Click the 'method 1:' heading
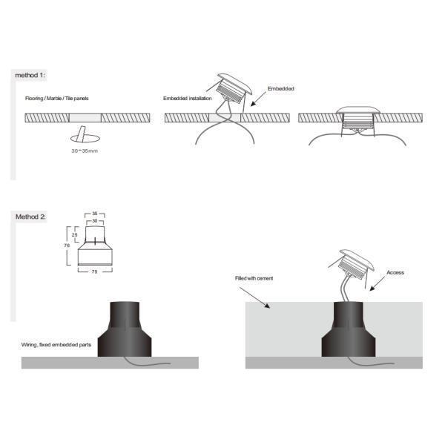click(30, 75)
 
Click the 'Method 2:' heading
click(30, 217)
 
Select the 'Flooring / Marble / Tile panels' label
click(57, 99)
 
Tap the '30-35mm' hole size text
click(85, 151)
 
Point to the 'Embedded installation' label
click(188, 99)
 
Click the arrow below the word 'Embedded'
click(258, 99)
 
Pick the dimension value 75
click(94, 271)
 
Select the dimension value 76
click(67, 245)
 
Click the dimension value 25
click(75, 234)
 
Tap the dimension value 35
click(95, 214)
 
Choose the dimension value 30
click(95, 221)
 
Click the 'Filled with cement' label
click(254, 278)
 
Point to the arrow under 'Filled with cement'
click(254, 297)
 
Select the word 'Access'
click(395, 272)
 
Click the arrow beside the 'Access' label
click(378, 284)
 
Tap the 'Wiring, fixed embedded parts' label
click(56, 345)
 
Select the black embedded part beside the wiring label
click(125, 329)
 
